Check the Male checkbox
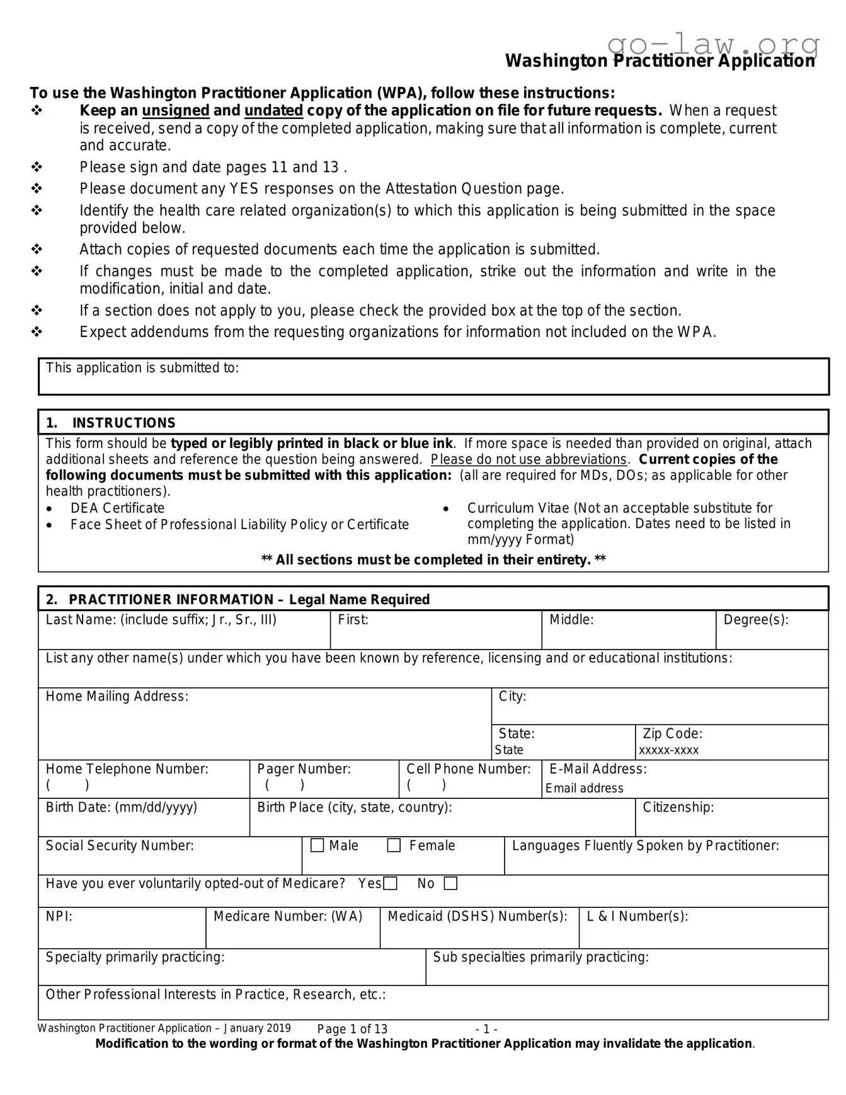317,846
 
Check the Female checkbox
394,846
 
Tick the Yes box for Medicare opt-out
391,884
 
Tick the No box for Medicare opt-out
450,884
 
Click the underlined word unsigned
176,111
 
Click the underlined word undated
273,111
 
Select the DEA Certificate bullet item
117,508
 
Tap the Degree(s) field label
755,620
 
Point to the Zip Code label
672,734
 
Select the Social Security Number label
120,846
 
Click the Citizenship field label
678,808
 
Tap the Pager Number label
304,769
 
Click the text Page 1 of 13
352,1029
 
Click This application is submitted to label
142,368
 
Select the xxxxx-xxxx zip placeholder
668,750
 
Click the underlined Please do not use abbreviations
529,460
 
